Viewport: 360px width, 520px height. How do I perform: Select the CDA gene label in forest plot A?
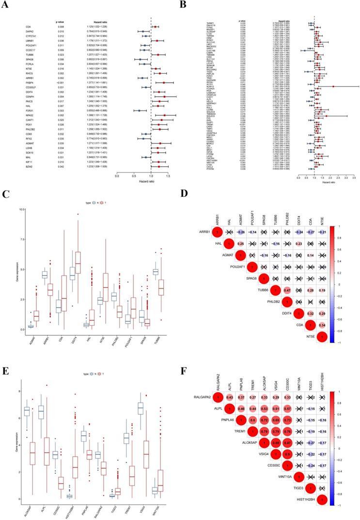click(29, 27)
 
